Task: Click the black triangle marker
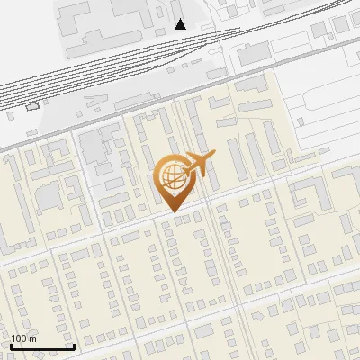pyautogui.click(x=180, y=24)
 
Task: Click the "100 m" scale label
pyautogui.click(x=23, y=338)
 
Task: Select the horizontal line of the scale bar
pyautogui.click(x=42, y=346)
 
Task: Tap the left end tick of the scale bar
pyautogui.click(x=10, y=345)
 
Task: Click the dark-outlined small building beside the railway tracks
pyautogui.click(x=33, y=106)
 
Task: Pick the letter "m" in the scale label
pyautogui.click(x=31, y=338)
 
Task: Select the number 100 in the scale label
pyautogui.click(x=19, y=338)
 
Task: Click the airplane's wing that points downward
pyautogui.click(x=202, y=174)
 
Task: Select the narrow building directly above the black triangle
pyautogui.click(x=174, y=8)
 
